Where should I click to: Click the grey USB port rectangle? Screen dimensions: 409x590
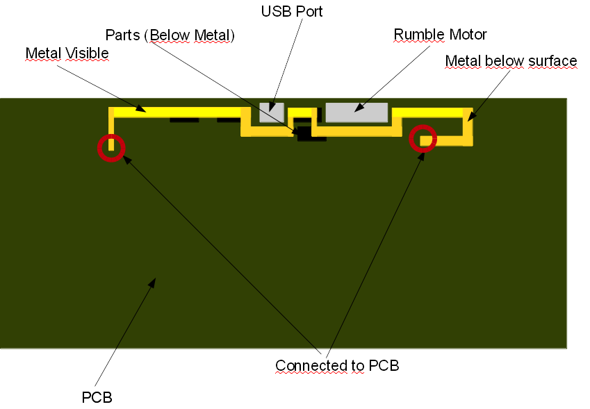(272, 112)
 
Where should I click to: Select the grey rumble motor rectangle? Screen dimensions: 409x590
(357, 112)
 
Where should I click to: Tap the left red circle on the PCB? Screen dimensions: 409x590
(110, 147)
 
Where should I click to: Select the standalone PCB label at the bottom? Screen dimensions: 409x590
(97, 397)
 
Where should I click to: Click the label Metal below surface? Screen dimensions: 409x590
(511, 61)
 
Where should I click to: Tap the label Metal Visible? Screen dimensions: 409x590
(67, 53)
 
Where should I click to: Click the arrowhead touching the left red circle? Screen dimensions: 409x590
(125, 157)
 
